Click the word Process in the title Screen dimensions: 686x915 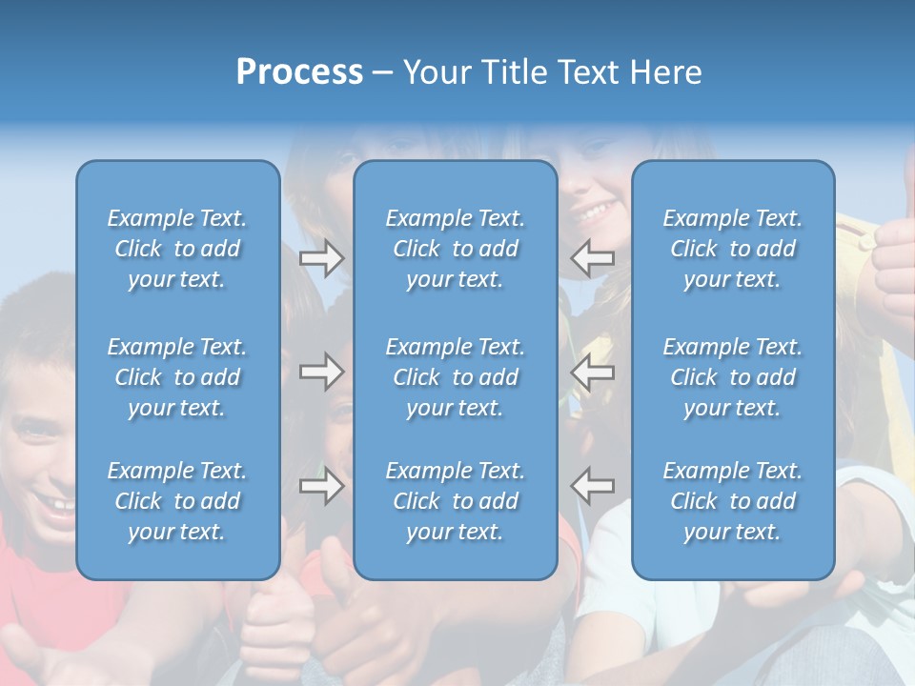[x=299, y=72]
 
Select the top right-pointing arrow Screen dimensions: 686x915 [x=321, y=258]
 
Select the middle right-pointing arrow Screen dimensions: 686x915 [x=321, y=371]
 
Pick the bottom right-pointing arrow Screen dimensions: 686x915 [x=321, y=485]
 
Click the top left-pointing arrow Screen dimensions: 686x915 [x=593, y=258]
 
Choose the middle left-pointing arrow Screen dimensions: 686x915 [x=593, y=371]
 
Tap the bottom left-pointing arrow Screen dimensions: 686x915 [x=593, y=485]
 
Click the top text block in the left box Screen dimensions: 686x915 [x=177, y=249]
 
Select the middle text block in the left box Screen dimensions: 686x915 [x=177, y=377]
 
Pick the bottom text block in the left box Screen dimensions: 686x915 [x=177, y=501]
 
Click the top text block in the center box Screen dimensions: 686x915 [x=455, y=249]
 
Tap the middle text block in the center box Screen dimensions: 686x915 [x=455, y=377]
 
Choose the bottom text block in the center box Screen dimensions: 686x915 [x=455, y=501]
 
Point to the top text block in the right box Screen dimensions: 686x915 [x=732, y=249]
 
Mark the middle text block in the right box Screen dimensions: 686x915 [x=732, y=377]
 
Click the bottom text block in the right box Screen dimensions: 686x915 [x=732, y=501]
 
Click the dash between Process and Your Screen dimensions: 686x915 [x=383, y=73]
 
